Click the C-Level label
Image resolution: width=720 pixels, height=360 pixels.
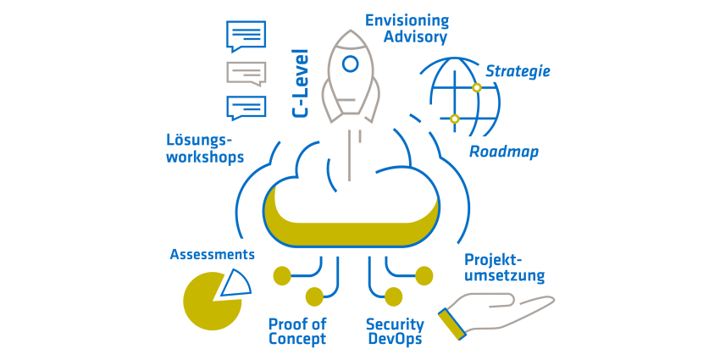[301, 84]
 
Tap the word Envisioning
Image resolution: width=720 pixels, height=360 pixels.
[407, 21]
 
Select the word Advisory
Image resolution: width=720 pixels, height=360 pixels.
[415, 37]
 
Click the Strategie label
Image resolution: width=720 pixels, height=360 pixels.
[518, 72]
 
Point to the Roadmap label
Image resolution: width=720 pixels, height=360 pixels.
[504, 152]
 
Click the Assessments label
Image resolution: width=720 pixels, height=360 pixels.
[212, 254]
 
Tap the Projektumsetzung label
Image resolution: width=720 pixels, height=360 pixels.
[505, 268]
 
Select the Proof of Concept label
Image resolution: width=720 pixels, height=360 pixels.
[297, 331]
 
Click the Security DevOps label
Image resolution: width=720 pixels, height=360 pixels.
[395, 331]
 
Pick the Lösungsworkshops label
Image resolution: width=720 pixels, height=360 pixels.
[205, 149]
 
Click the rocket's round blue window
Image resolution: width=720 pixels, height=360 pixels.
[351, 64]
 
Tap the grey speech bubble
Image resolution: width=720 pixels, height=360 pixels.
[246, 74]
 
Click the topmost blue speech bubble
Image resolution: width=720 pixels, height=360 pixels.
[246, 36]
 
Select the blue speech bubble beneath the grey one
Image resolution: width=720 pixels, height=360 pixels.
[246, 108]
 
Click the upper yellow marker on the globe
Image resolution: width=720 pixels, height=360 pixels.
[477, 87]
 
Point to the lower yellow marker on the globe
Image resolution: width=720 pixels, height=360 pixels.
[455, 119]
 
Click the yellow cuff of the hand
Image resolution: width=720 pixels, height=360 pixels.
[452, 324]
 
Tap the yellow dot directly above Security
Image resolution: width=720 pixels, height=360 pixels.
[394, 296]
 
